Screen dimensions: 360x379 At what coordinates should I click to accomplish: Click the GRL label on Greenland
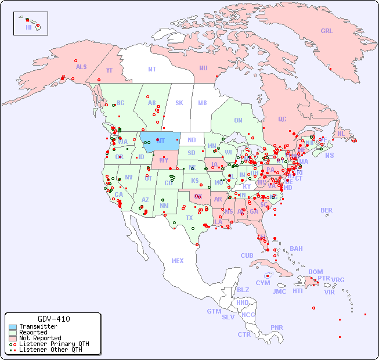pos(327,31)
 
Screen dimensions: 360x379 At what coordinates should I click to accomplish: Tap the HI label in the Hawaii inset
pos(28,27)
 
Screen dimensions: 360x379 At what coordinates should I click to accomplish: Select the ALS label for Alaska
pos(81,67)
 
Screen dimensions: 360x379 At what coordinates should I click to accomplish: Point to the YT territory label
pos(109,70)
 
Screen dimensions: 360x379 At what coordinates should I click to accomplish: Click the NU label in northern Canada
pos(203,68)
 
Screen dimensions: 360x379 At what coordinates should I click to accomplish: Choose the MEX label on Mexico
pos(178,261)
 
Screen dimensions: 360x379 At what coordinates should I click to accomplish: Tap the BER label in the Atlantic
pos(327,210)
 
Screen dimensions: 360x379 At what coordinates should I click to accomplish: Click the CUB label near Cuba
pos(247,255)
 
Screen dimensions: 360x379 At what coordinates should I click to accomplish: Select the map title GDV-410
pos(54,319)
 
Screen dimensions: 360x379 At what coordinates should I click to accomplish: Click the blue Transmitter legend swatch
pos(13,327)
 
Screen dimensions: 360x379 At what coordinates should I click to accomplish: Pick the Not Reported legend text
pos(40,338)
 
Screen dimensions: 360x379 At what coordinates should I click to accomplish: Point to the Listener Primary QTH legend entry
pos(54,344)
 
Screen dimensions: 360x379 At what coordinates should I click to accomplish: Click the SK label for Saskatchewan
pos(179,103)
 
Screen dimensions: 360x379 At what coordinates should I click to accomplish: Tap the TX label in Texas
pos(189,218)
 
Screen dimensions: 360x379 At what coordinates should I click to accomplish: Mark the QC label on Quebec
pos(282,119)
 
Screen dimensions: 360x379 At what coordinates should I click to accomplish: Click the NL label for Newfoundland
pos(341,133)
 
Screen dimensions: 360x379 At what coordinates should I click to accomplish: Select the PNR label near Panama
pos(277,327)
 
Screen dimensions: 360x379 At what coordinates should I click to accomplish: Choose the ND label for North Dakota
pos(192,140)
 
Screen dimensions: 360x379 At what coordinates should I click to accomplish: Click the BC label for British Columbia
pos(121,103)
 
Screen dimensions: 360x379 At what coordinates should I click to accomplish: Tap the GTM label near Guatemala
pos(214,311)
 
